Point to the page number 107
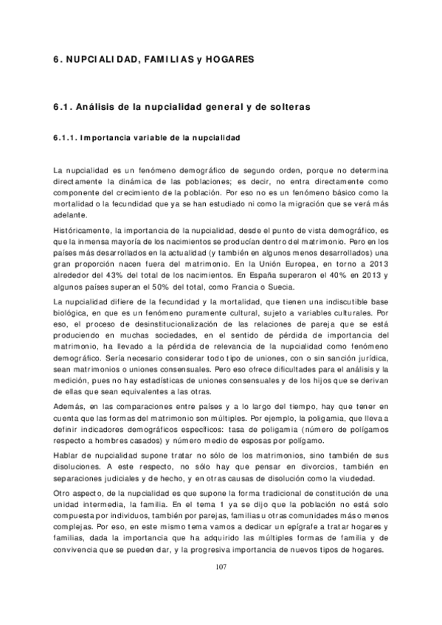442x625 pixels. (x=221, y=567)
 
